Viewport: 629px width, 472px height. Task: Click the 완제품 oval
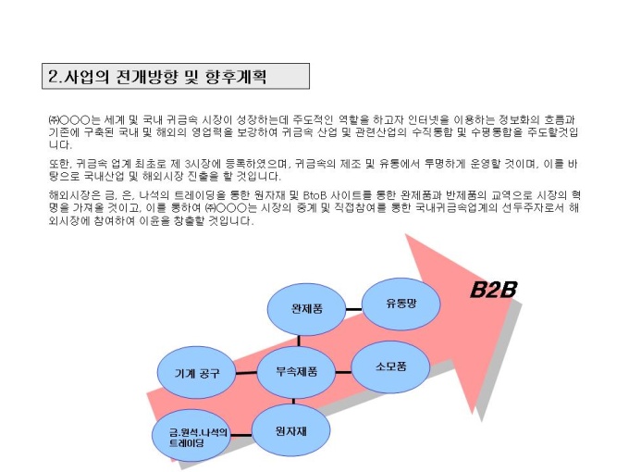pyautogui.click(x=306, y=309)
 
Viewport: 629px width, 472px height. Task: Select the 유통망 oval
pyautogui.click(x=401, y=304)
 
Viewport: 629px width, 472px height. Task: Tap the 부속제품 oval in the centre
pyautogui.click(x=296, y=372)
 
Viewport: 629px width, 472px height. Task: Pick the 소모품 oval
pyautogui.click(x=390, y=366)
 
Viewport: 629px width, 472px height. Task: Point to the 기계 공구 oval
pyautogui.click(x=196, y=373)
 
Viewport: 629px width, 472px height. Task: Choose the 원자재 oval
pyautogui.click(x=290, y=430)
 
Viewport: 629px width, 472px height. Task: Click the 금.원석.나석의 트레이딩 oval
pyautogui.click(x=191, y=436)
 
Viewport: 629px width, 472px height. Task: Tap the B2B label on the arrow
pyautogui.click(x=493, y=290)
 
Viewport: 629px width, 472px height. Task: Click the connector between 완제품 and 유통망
pyautogui.click(x=353, y=309)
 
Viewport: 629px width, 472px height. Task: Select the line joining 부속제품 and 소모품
pyautogui.click(x=343, y=372)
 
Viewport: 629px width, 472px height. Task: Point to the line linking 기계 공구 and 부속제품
pyautogui.click(x=246, y=373)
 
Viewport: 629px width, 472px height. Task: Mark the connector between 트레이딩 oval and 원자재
pyautogui.click(x=241, y=435)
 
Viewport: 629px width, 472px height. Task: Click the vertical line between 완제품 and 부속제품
pyautogui.click(x=299, y=341)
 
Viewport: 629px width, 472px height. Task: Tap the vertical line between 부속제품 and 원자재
pyautogui.click(x=293, y=401)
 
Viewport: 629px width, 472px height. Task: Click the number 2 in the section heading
pyautogui.click(x=53, y=76)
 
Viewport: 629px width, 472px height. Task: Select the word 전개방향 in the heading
pyautogui.click(x=146, y=76)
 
